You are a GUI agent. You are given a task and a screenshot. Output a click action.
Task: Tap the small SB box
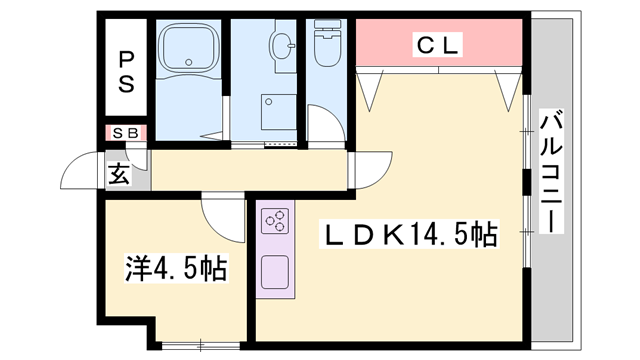(x=126, y=132)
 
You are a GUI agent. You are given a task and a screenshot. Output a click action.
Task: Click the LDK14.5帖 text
(x=408, y=236)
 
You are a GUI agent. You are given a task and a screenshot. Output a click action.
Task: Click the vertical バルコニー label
(x=550, y=172)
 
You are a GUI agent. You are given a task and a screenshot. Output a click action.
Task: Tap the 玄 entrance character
(x=118, y=175)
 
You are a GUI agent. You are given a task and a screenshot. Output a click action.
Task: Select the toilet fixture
(x=327, y=46)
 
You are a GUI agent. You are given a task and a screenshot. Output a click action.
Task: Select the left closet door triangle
(x=371, y=88)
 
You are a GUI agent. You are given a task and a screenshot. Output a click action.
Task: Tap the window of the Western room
(x=199, y=345)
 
